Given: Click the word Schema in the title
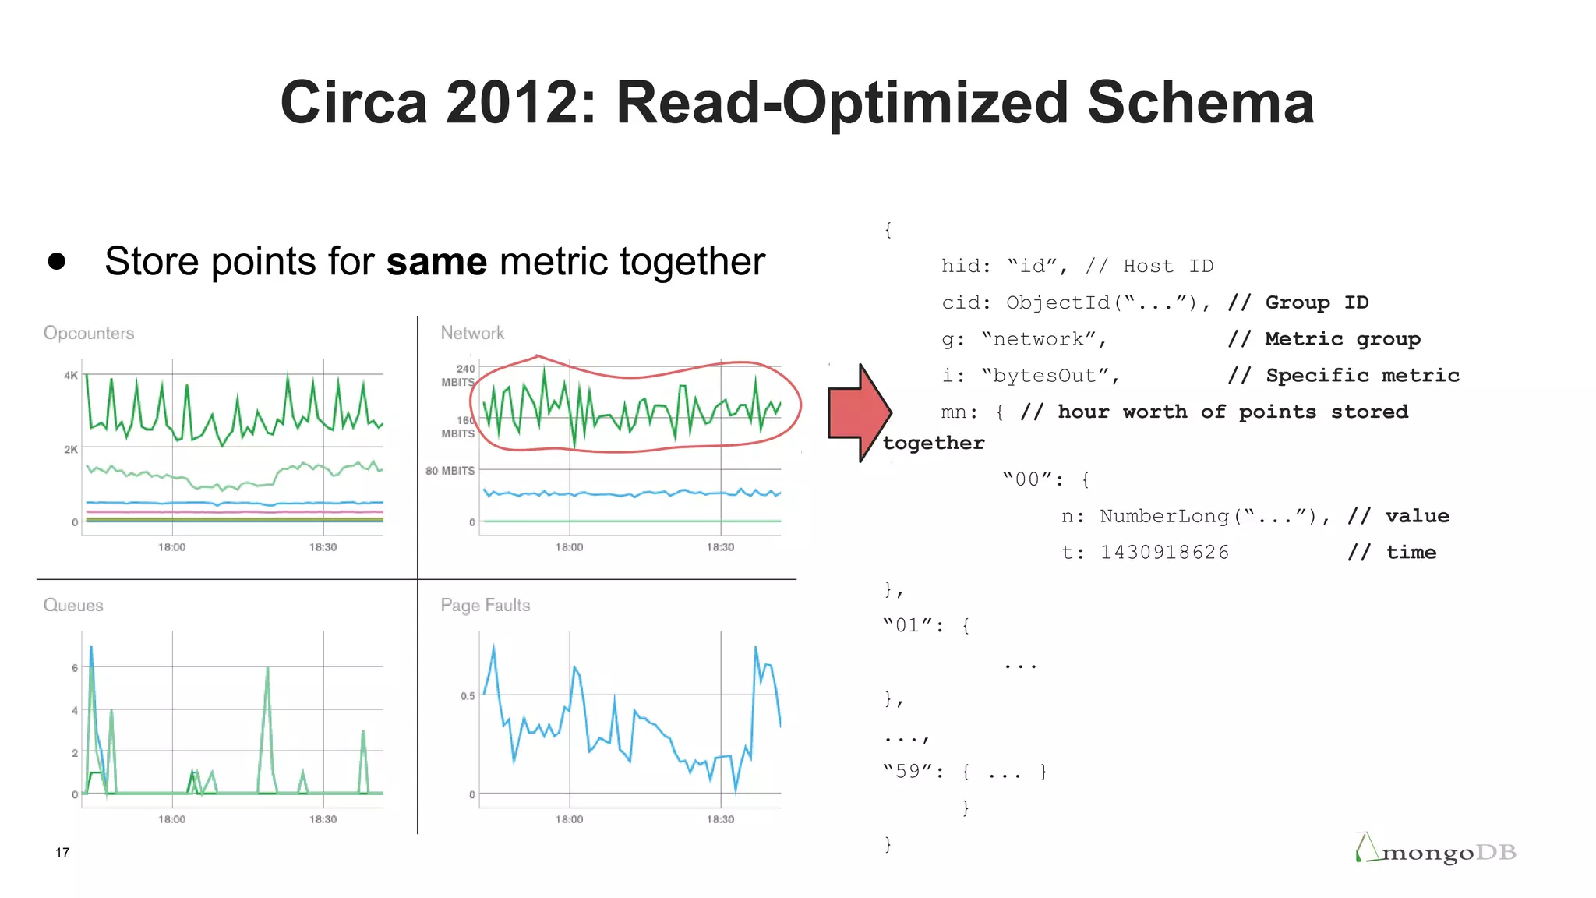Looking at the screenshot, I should (1200, 103).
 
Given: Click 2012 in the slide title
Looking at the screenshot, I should (514, 103).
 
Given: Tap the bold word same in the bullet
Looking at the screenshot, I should (436, 261).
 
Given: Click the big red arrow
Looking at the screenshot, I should (857, 413).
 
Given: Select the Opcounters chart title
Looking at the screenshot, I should (89, 333).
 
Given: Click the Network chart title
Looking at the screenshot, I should (472, 333).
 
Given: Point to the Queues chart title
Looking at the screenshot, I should (73, 605).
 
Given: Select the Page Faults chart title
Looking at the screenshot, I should (485, 605).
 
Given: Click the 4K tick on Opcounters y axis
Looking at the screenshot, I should (71, 375).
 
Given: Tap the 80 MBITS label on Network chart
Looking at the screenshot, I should (450, 471).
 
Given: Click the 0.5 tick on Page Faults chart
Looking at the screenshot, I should (467, 696).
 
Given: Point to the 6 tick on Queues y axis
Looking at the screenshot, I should (75, 668).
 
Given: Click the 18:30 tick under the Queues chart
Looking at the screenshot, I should (323, 819).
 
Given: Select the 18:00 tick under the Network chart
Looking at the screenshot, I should (569, 547).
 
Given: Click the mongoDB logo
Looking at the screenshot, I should (1438, 851).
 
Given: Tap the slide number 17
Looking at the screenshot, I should (62, 852).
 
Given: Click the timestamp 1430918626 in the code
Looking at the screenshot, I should (1164, 553).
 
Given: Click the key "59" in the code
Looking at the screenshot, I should (908, 772).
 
